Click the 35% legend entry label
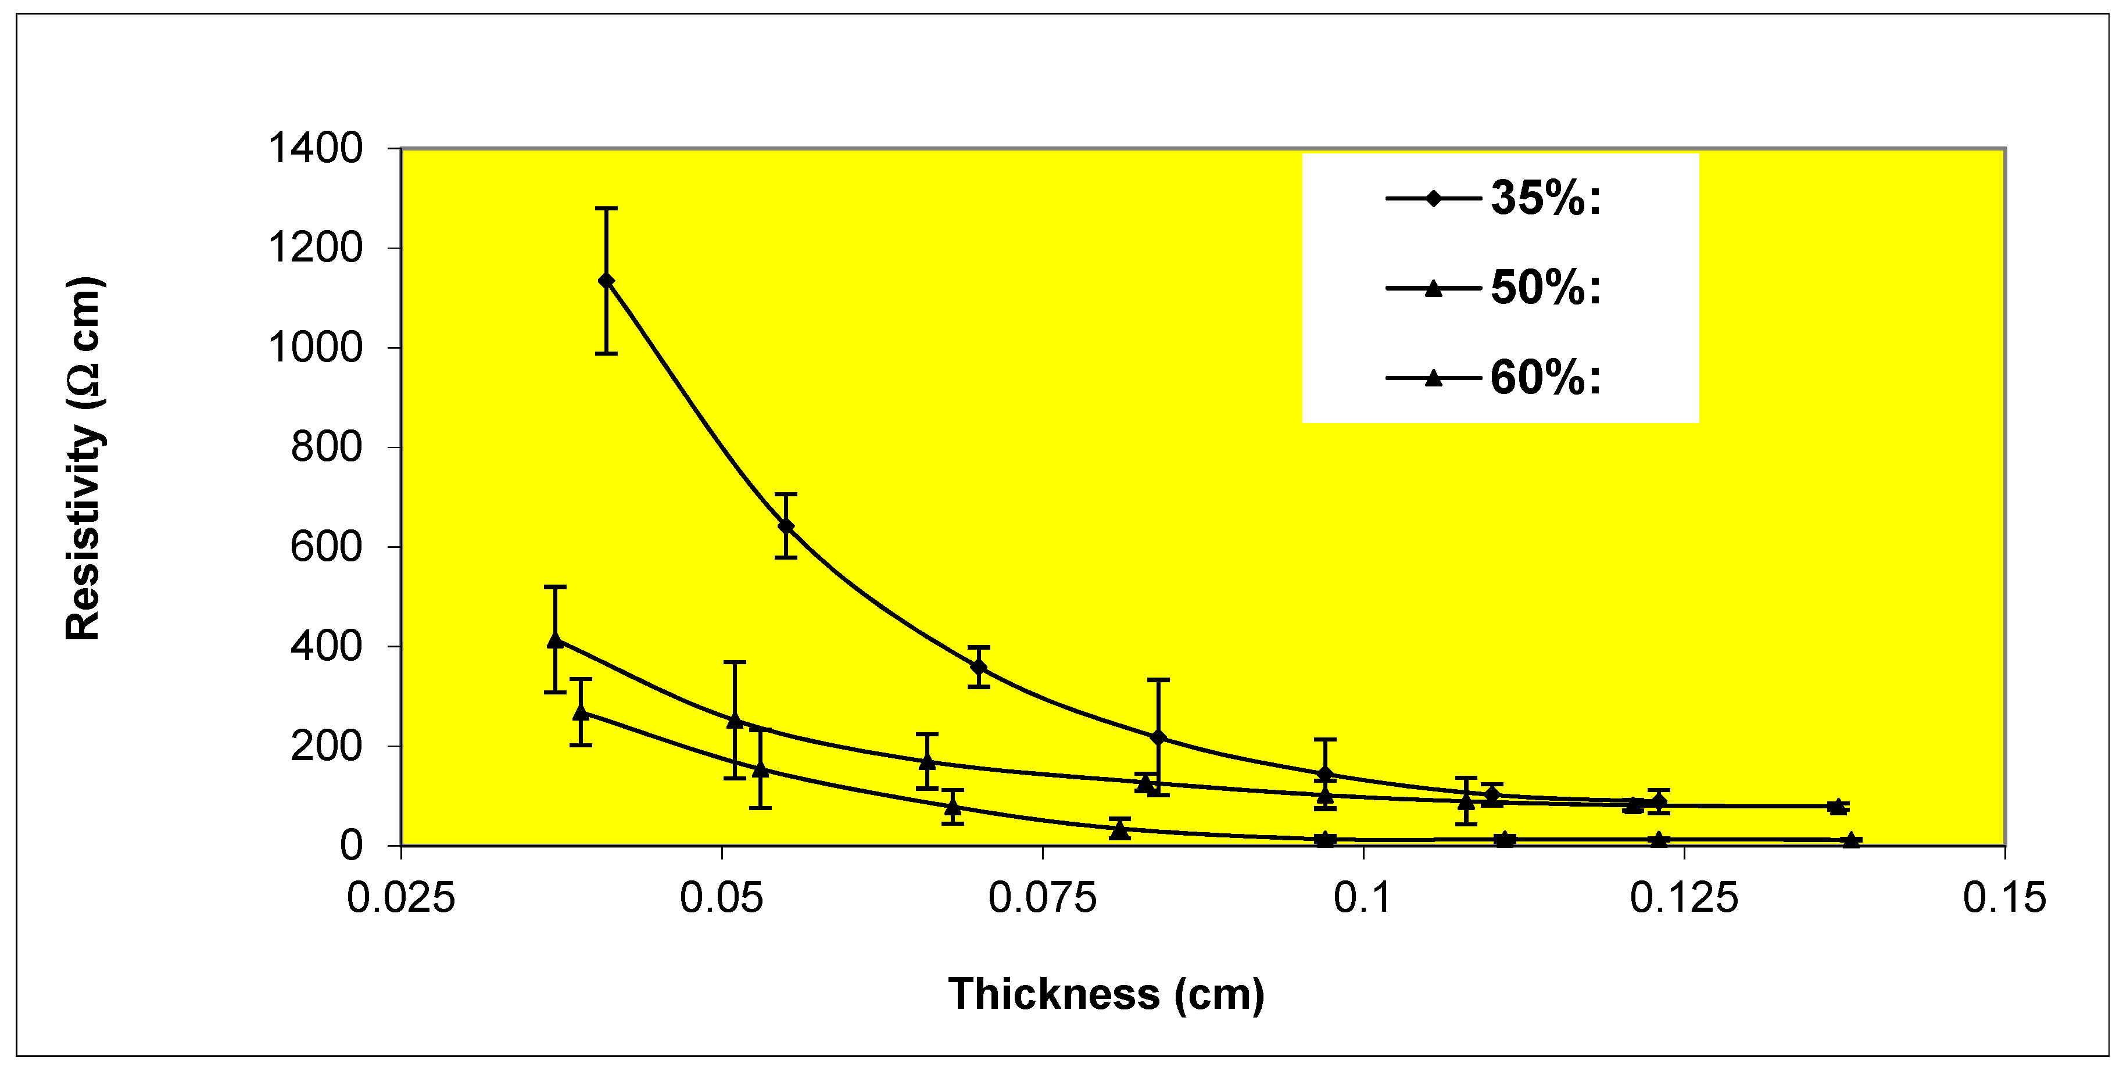[1545, 199]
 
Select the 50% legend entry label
[1545, 288]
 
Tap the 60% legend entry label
[1545, 378]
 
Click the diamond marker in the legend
[1433, 199]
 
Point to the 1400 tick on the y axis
[315, 149]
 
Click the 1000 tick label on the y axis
[315, 348]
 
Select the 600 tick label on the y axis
[327, 547]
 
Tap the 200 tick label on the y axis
[327, 746]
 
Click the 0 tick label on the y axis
[351, 846]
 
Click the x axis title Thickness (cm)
[1106, 994]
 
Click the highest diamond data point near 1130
[607, 281]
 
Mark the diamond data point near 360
[978, 667]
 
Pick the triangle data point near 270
[581, 712]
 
